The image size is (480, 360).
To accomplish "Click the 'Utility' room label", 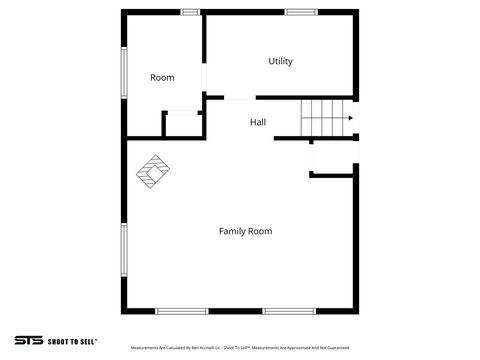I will [x=280, y=62].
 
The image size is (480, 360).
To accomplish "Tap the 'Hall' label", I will [x=258, y=123].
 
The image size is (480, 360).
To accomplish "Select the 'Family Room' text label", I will [x=245, y=231].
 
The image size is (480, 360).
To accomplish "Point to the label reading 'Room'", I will [x=162, y=78].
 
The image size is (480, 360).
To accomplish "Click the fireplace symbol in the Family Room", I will [x=153, y=171].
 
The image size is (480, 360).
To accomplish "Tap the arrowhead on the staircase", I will [x=350, y=118].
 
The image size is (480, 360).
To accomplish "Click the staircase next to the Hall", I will [x=326, y=118].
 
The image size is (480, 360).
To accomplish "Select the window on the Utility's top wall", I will [x=300, y=12].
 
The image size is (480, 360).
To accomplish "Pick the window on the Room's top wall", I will [x=189, y=12].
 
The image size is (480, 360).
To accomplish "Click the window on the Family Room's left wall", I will [x=123, y=249].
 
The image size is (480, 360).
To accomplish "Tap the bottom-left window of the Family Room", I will [x=181, y=311].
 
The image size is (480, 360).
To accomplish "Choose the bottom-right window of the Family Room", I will [x=289, y=311].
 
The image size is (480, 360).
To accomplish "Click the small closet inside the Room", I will [x=183, y=125].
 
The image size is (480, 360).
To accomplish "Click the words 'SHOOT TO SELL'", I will [x=72, y=341].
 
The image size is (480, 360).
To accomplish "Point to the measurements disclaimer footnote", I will [x=239, y=348].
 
